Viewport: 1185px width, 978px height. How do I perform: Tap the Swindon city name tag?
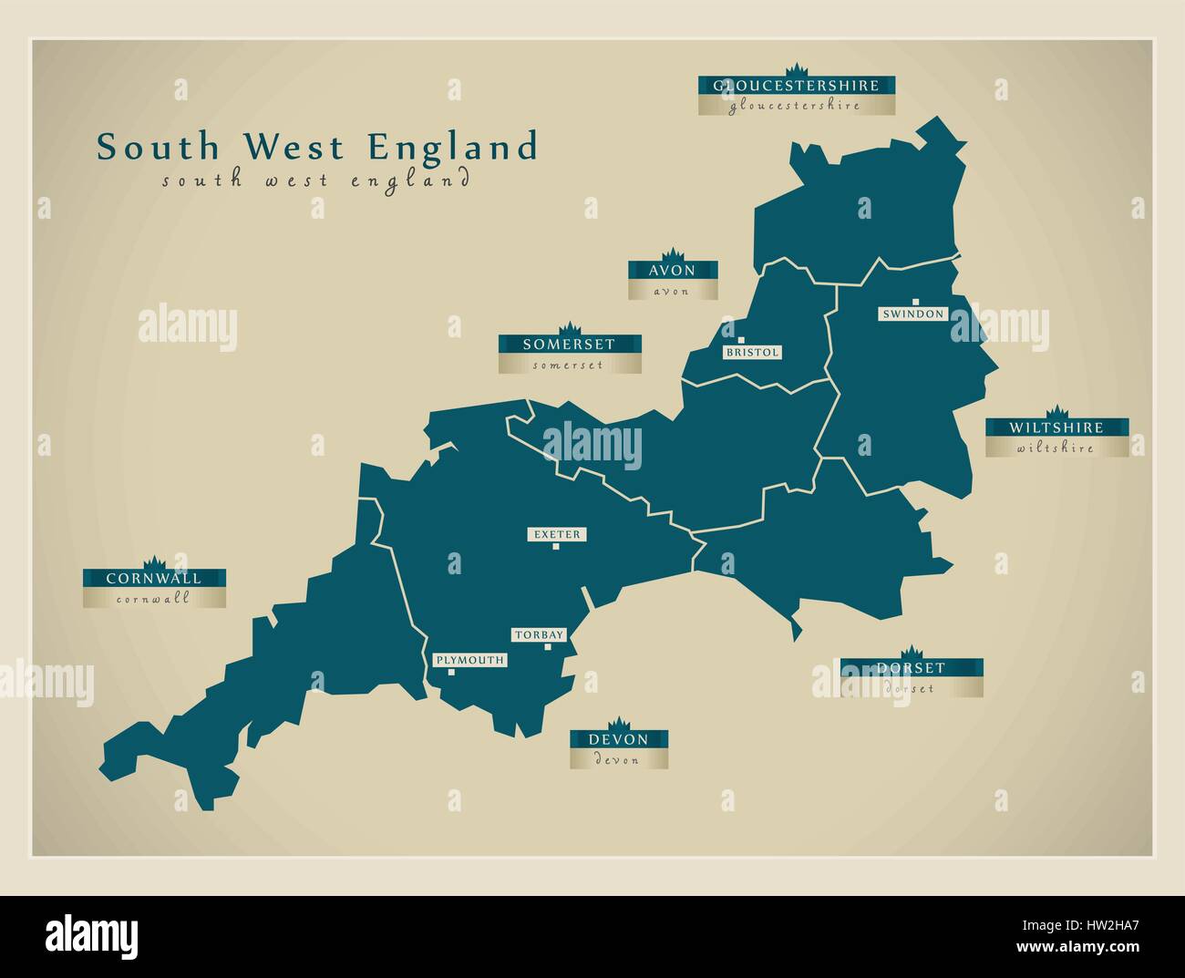(x=913, y=314)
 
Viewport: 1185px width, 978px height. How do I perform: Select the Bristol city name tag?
(x=753, y=352)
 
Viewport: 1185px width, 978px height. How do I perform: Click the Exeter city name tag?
(x=556, y=534)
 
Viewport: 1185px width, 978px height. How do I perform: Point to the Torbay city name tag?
(x=540, y=634)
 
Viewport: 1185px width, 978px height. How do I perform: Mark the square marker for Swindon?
(x=915, y=301)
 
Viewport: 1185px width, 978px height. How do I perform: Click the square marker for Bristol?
(x=727, y=340)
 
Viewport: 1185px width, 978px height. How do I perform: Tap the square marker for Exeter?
(x=556, y=547)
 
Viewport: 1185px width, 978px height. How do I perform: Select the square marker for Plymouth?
(x=451, y=673)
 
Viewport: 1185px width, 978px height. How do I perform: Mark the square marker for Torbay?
(x=548, y=647)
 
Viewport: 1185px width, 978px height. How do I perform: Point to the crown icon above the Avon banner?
(x=673, y=253)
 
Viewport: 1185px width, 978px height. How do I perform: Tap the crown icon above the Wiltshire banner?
(x=1056, y=411)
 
